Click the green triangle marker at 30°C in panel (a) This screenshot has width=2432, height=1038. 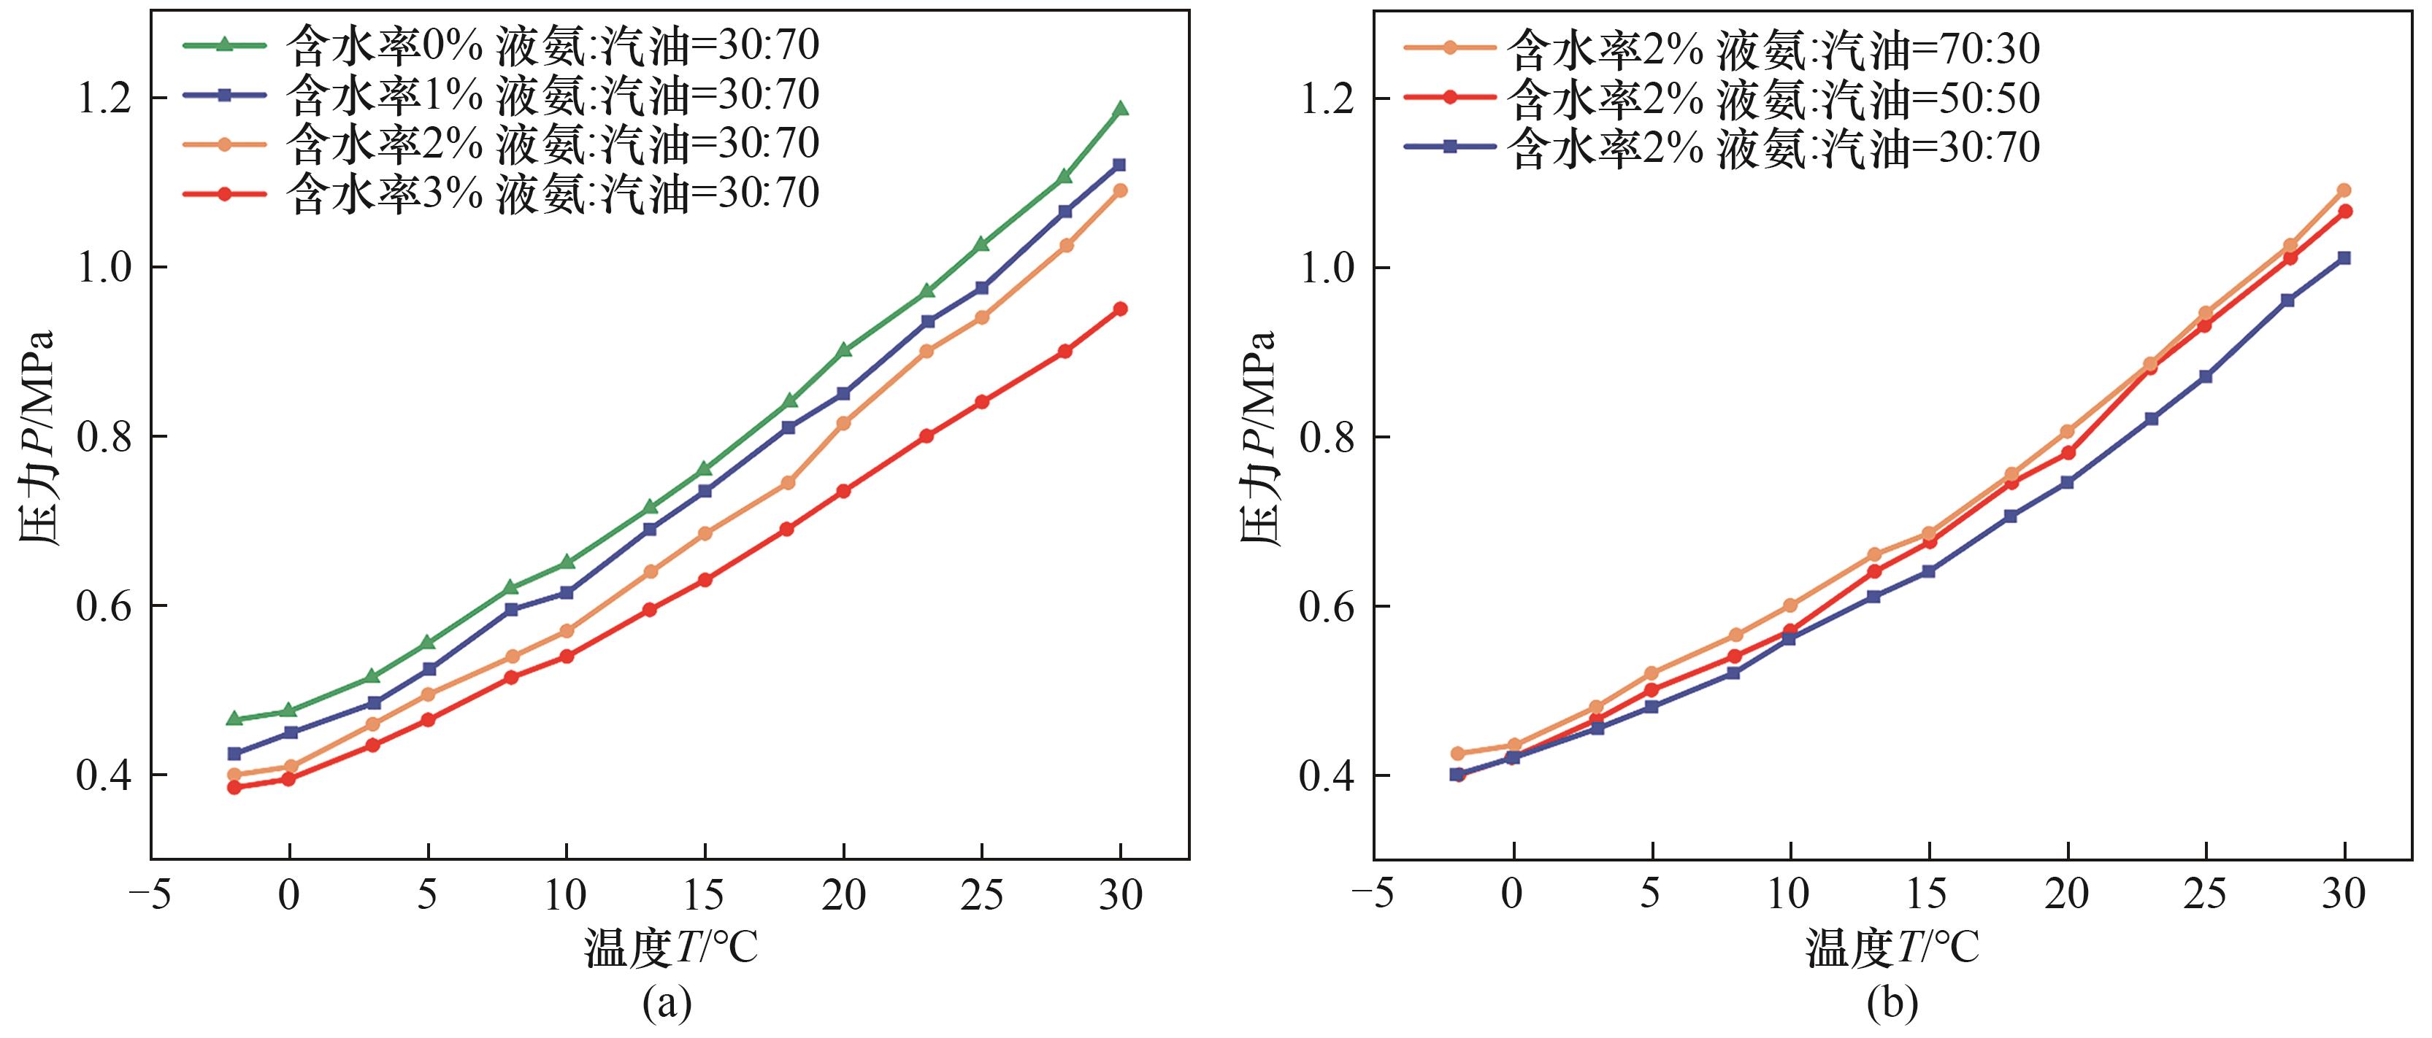pyautogui.click(x=1121, y=109)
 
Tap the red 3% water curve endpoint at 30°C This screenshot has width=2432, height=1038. pyautogui.click(x=1121, y=309)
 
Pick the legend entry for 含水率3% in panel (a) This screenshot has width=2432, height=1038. pyautogui.click(x=552, y=193)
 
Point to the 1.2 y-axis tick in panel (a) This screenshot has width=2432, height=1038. pyautogui.click(x=107, y=98)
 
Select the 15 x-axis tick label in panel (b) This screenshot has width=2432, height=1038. pyautogui.click(x=1927, y=894)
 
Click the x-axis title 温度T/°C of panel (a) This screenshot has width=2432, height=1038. pyautogui.click(x=670, y=948)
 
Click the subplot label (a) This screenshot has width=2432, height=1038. pyautogui.click(x=667, y=1004)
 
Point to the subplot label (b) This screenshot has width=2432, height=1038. pyautogui.click(x=1892, y=1004)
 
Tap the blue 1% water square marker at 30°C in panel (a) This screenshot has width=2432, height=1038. pyautogui.click(x=1121, y=164)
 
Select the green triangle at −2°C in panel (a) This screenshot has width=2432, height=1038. pyautogui.click(x=234, y=719)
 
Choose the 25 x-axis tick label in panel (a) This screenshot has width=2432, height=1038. pyautogui.click(x=982, y=894)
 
